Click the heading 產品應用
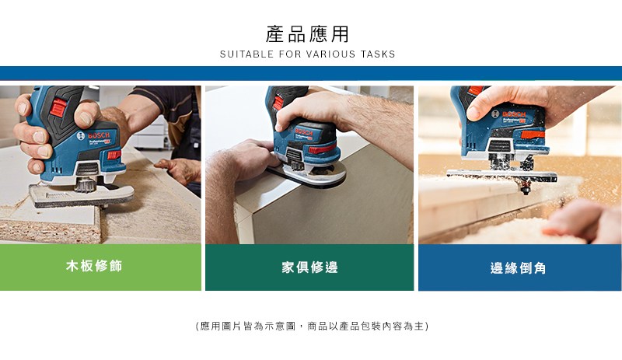pyautogui.click(x=307, y=33)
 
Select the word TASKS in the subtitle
pyautogui.click(x=378, y=54)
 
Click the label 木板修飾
pyautogui.click(x=94, y=266)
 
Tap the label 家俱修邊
pyautogui.click(x=309, y=267)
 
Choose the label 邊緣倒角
pyautogui.click(x=518, y=268)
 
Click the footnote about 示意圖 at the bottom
pyautogui.click(x=313, y=326)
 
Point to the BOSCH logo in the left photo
pyautogui.click(x=94, y=135)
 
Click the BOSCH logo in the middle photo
pyautogui.click(x=301, y=131)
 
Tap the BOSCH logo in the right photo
pyautogui.click(x=509, y=114)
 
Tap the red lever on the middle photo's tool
pyautogui.click(x=322, y=149)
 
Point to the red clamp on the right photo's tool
pyautogui.click(x=533, y=135)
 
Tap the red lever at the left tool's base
pyautogui.click(x=114, y=155)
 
